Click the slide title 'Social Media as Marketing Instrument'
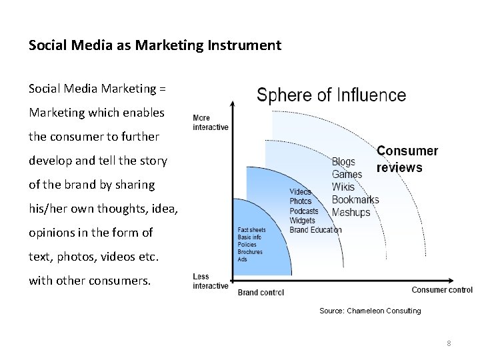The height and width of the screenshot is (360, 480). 155,45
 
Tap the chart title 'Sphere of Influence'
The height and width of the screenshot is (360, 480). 331,95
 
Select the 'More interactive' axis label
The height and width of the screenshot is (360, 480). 210,123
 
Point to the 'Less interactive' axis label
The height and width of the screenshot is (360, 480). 210,281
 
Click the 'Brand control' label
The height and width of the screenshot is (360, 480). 261,292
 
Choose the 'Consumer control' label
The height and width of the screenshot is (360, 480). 442,290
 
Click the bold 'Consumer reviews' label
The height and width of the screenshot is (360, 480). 407,159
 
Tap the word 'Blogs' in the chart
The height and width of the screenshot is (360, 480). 344,162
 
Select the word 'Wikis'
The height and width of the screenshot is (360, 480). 343,187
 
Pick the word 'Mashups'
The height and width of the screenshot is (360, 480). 351,213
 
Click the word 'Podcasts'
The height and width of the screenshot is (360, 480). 304,211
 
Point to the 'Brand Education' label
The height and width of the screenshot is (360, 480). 315,230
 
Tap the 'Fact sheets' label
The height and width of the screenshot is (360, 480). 251,230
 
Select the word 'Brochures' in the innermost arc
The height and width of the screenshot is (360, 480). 250,252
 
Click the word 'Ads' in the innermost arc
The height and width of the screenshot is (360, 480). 242,259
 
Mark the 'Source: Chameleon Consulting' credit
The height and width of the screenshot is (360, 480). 370,311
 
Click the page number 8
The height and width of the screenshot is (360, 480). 449,343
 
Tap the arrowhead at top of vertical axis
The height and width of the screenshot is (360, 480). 232,104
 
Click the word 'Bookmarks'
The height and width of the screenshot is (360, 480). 355,200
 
